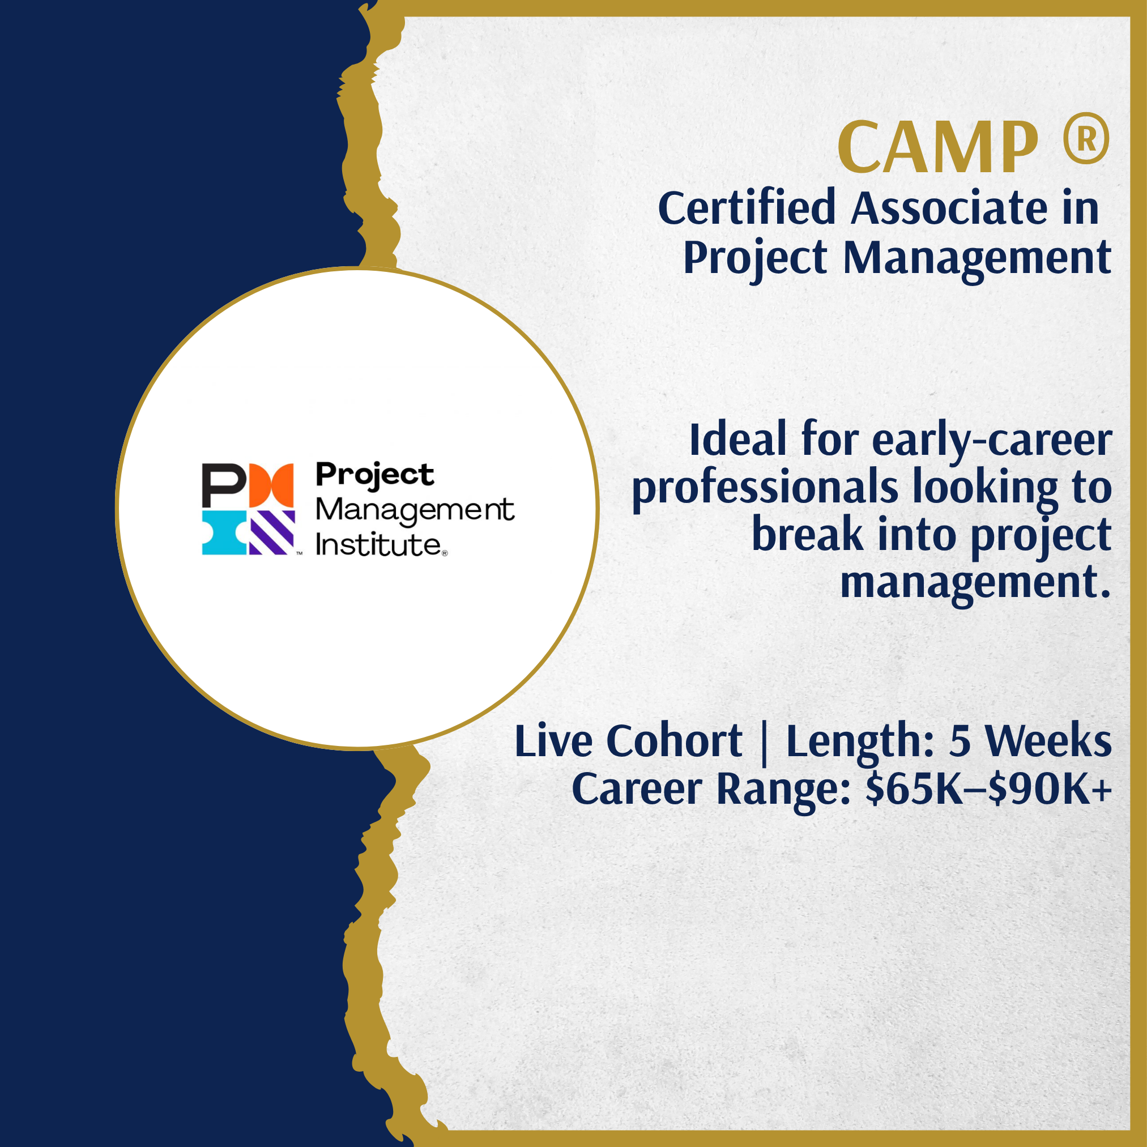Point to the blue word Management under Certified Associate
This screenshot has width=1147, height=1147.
click(977, 259)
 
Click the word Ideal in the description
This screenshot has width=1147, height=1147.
click(738, 440)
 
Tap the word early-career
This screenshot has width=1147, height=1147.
click(991, 441)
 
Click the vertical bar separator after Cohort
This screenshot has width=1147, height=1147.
click(764, 742)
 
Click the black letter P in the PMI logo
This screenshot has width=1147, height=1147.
click(224, 485)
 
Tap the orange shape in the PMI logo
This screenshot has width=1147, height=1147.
click(271, 485)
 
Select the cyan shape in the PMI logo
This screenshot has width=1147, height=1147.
click(224, 532)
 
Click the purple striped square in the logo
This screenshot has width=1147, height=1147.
click(272, 532)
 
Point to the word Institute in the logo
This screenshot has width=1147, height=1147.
click(378, 545)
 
